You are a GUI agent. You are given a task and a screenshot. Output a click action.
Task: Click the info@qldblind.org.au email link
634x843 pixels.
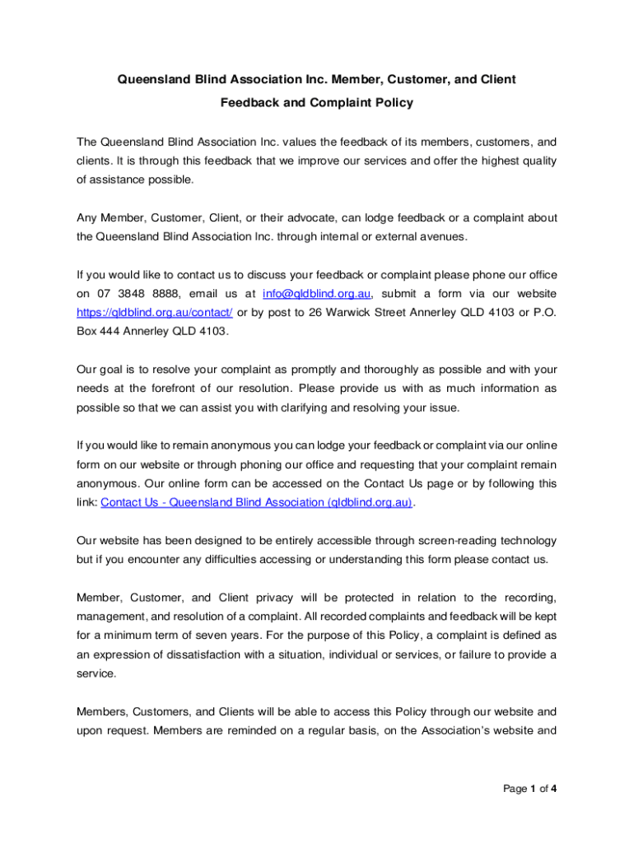(x=318, y=294)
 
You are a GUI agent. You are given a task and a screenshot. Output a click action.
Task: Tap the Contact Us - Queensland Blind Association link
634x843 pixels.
(x=256, y=503)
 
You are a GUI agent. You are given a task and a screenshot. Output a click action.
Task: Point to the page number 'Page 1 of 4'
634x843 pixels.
(x=530, y=789)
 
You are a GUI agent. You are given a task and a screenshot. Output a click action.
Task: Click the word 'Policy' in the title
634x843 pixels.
(x=389, y=103)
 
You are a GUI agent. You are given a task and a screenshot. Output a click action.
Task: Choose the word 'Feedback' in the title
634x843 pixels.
(x=249, y=103)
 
